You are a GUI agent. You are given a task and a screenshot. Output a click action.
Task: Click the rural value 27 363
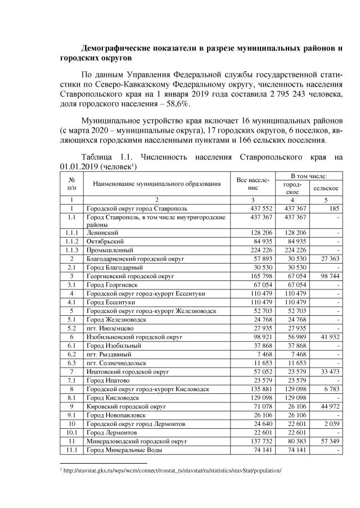326,258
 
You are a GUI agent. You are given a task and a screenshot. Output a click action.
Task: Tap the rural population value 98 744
326,276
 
